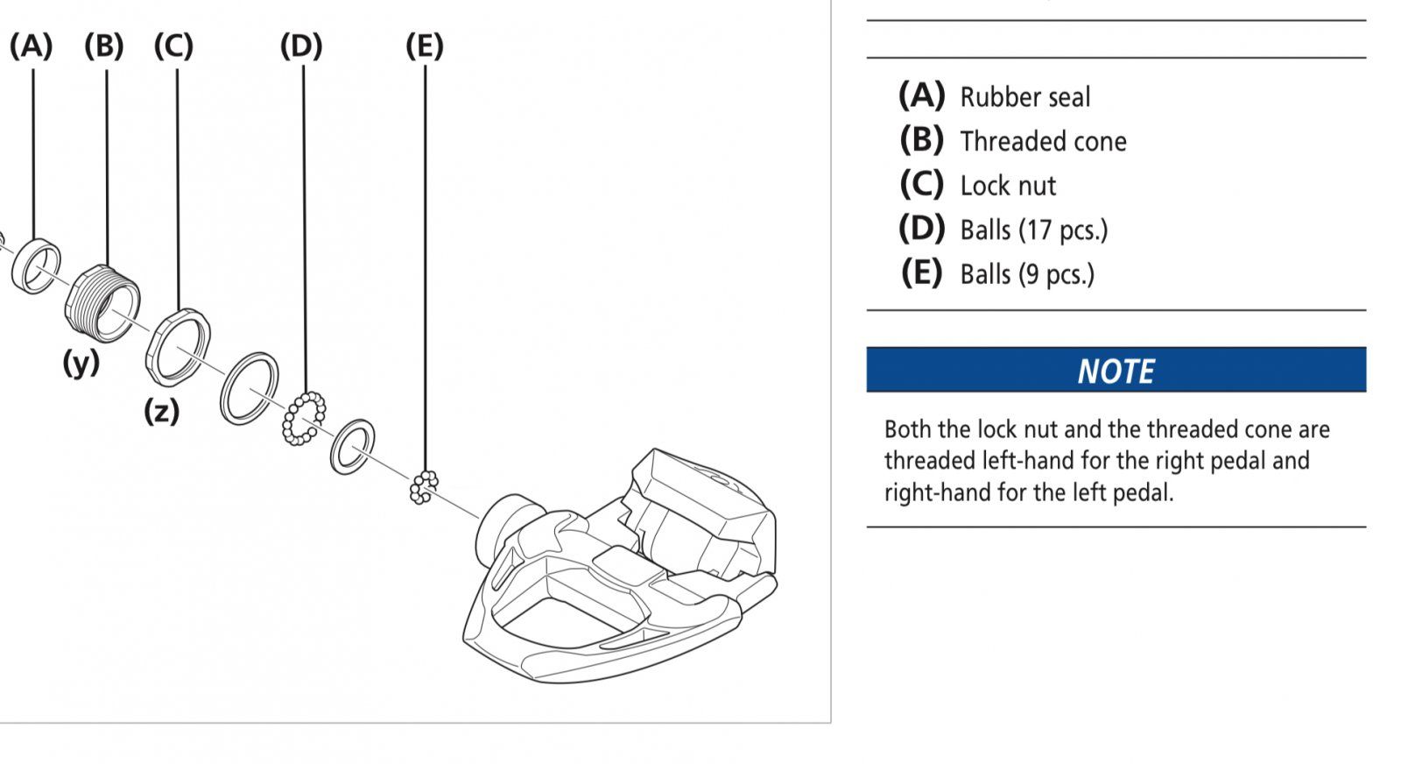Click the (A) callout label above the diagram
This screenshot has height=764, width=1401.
click(x=31, y=46)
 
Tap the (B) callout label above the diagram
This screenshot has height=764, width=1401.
click(x=104, y=46)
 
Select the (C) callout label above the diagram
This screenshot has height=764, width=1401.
click(x=174, y=46)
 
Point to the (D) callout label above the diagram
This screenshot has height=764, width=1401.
click(x=301, y=46)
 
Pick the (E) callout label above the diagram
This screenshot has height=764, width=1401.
click(x=425, y=46)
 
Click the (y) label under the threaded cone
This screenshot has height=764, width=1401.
click(x=81, y=363)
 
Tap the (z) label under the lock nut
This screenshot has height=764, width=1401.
click(x=162, y=411)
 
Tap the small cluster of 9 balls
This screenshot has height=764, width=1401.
click(x=424, y=487)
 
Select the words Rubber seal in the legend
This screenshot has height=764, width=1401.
click(x=1025, y=97)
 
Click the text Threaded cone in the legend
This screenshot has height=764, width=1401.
click(x=1043, y=141)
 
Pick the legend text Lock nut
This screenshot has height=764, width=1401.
click(x=1008, y=186)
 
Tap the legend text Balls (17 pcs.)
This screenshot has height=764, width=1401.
click(x=1034, y=230)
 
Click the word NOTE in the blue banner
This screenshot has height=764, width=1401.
click(x=1116, y=371)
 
